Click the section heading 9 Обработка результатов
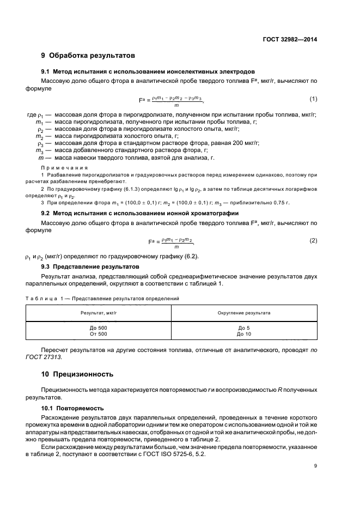88,55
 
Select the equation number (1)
313,99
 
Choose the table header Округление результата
243,313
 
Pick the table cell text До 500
99,327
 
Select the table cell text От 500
99,333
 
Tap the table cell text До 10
243,333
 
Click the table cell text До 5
243,327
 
